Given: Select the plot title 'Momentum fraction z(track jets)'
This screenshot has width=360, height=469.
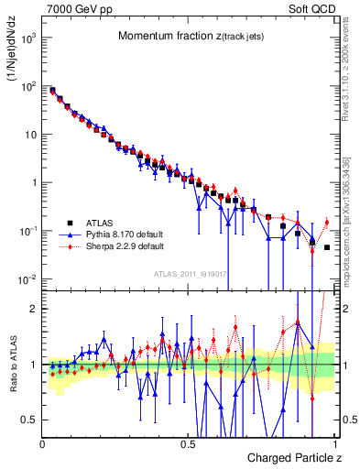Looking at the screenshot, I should tap(191, 36).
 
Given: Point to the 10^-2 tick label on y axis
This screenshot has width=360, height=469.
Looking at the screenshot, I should tap(27, 278).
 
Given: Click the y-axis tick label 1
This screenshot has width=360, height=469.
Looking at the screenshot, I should tap(33, 182).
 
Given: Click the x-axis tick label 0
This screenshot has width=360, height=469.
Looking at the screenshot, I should tap(43, 443).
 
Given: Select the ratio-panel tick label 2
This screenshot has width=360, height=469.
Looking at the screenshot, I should tap(34, 309).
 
